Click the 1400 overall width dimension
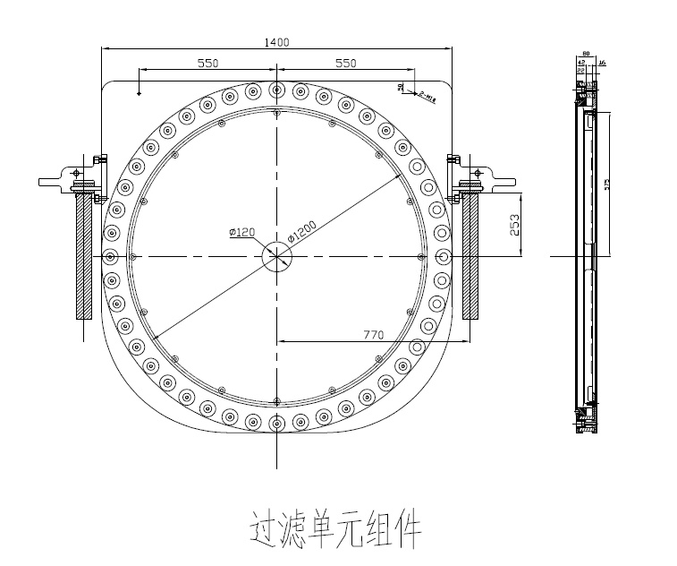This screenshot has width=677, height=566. point(277,41)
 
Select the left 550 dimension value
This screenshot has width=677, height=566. point(207,63)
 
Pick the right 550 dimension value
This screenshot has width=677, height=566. point(345,63)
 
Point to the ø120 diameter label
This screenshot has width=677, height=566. point(242,232)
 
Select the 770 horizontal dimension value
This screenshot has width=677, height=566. point(373,335)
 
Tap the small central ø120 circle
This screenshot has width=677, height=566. point(277,256)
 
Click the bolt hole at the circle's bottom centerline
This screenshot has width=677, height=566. point(277,423)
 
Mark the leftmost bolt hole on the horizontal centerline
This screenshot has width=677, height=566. point(110,256)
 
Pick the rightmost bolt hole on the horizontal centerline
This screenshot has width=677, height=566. point(444,256)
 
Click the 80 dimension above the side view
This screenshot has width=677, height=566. point(585,55)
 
